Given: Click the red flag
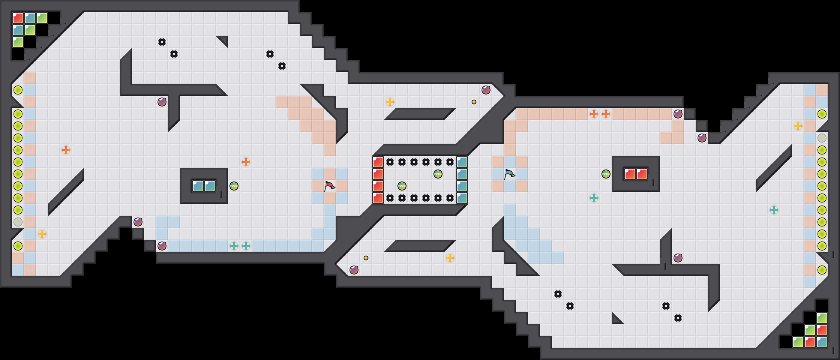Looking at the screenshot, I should [x=330, y=186].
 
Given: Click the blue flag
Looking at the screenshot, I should [x=510, y=174].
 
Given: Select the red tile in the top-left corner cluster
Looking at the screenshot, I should [x=18, y=18].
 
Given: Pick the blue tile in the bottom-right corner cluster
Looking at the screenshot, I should [x=822, y=342].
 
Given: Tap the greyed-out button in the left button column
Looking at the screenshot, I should [x=18, y=222].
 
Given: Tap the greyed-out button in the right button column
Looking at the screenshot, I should [x=822, y=138].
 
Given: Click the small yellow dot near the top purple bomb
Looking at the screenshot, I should [x=474, y=102].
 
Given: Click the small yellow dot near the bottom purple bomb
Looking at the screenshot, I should [x=366, y=258].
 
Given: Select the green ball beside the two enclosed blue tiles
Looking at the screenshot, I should [x=234, y=186].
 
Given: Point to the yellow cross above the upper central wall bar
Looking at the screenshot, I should [x=390, y=102].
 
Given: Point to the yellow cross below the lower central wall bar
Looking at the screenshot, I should [x=450, y=258].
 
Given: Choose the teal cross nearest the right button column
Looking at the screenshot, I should [x=774, y=210].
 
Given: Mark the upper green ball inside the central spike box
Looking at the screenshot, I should [x=438, y=174].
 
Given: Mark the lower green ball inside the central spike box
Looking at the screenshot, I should [x=402, y=186].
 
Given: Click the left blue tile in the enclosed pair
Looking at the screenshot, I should [x=198, y=186].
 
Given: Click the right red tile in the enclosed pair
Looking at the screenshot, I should [x=642, y=174].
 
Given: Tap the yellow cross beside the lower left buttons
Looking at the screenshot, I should [x=42, y=234].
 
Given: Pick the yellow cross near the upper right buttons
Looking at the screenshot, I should [x=798, y=126].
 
